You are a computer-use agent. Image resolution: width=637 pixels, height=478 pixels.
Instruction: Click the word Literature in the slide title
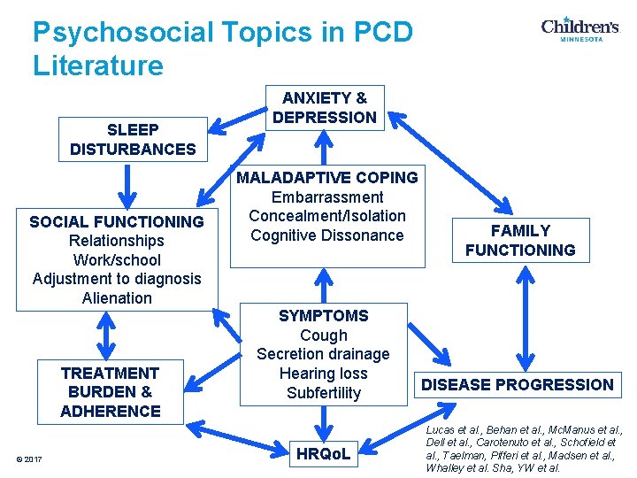coord(98,66)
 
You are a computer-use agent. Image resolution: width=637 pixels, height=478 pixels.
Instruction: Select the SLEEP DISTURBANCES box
coord(133,140)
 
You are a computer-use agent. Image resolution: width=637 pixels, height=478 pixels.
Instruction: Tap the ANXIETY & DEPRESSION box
coord(324,108)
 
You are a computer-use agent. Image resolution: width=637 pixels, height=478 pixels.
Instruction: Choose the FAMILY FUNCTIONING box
coord(520,241)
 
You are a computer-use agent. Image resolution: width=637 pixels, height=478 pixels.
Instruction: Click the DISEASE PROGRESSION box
coord(518,384)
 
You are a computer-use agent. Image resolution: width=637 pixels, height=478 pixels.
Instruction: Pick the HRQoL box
coord(324,455)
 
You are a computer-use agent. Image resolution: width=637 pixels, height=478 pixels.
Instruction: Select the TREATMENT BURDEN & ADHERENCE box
coord(111,392)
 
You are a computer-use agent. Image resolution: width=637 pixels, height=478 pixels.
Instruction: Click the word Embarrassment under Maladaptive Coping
coord(326,197)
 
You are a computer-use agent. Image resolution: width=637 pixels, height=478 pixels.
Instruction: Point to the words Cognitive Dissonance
coord(326,235)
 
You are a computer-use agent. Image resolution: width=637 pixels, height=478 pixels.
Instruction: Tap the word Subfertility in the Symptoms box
coord(324,393)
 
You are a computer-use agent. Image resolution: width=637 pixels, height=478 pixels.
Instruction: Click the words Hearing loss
coord(324,374)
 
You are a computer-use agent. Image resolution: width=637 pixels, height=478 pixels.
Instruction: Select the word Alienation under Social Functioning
coord(117,298)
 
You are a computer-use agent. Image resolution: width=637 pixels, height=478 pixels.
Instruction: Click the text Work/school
coord(117,260)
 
